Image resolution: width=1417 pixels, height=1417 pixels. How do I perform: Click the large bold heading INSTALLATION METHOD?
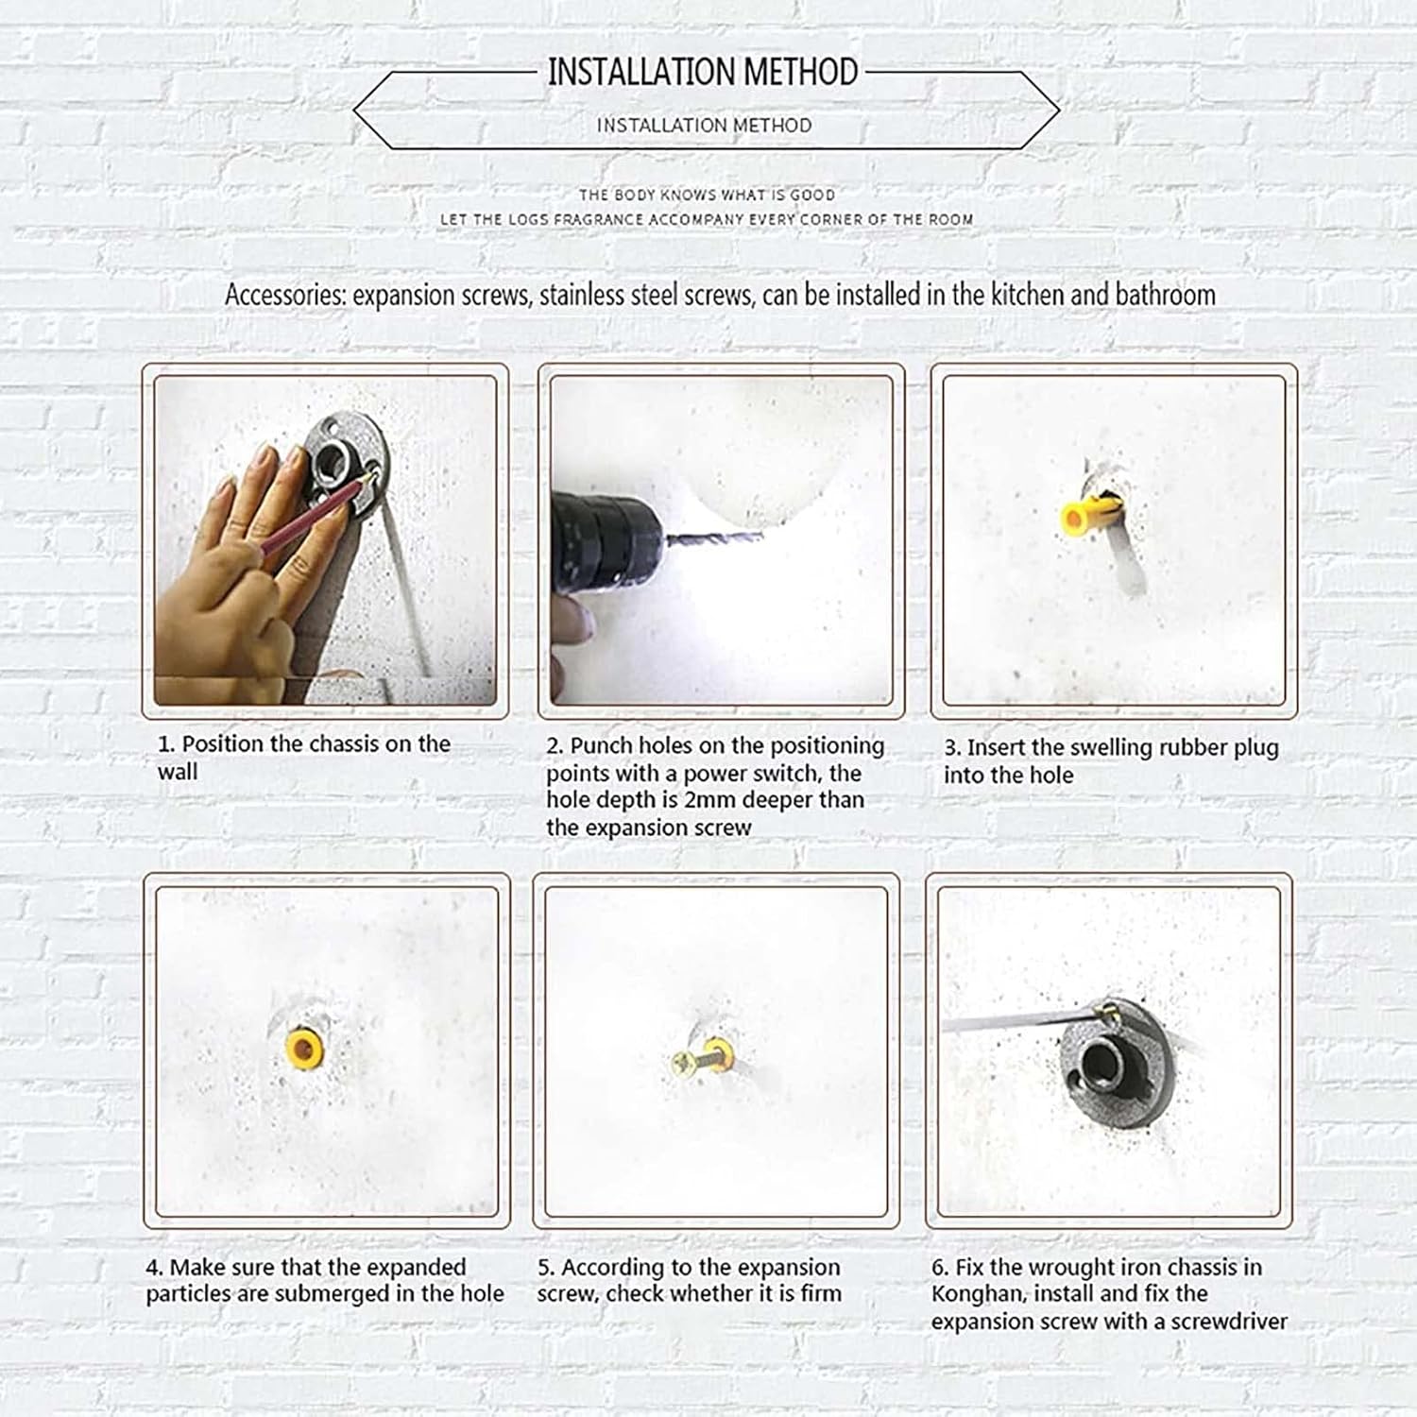point(703,72)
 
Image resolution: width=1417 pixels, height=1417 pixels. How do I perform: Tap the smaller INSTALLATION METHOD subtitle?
point(704,125)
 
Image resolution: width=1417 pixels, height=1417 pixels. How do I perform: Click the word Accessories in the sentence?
point(284,295)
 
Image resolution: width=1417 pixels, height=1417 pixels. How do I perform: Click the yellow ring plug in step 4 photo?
point(304,1048)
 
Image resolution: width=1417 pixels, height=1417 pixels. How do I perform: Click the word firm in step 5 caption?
point(820,1293)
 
